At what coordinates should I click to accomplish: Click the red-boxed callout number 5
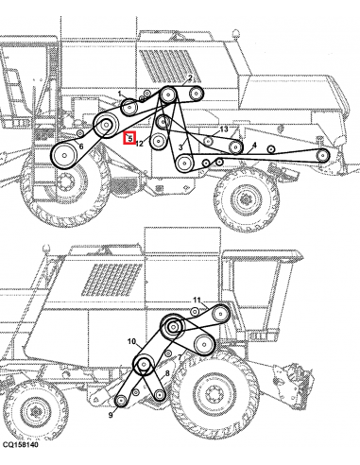(x=129, y=138)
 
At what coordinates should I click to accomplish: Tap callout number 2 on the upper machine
(x=190, y=78)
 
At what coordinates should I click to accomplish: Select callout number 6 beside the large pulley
(x=81, y=146)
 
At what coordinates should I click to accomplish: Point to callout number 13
(x=224, y=129)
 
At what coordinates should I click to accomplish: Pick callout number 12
(x=140, y=144)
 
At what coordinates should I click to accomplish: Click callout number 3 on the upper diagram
(x=180, y=147)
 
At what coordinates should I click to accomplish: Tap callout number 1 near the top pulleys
(x=120, y=93)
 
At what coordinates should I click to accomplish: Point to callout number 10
(x=131, y=340)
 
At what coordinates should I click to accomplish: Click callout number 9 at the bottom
(x=111, y=415)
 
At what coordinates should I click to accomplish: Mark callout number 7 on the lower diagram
(x=179, y=357)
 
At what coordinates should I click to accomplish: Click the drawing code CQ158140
(x=21, y=457)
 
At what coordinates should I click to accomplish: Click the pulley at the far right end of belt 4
(x=322, y=154)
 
